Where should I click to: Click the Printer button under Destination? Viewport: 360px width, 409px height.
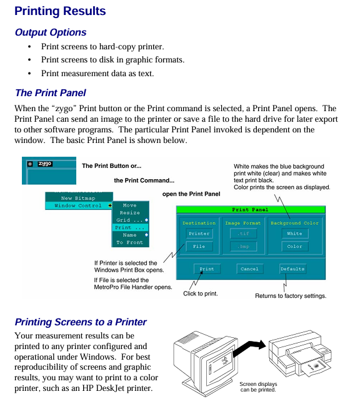(199, 234)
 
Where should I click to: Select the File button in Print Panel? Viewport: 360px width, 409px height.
(199, 246)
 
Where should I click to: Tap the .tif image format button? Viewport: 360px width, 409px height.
(243, 234)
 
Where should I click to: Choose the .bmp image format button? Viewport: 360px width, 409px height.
(243, 246)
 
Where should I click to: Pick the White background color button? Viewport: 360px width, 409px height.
(295, 234)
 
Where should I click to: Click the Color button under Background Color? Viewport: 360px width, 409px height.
(295, 246)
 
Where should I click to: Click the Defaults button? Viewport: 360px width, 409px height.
(292, 269)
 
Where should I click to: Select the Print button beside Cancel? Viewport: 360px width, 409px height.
(207, 269)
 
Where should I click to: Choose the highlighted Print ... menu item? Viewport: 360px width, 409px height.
(130, 227)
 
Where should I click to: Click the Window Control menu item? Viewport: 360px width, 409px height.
(79, 205)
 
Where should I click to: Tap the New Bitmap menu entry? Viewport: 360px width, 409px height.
(79, 198)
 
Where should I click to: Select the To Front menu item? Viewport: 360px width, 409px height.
(130, 242)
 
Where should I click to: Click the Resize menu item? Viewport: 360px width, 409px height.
(130, 212)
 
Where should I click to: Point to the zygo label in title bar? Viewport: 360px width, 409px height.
(45, 164)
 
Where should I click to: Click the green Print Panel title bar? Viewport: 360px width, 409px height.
(251, 209)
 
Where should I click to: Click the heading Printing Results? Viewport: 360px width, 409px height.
(60, 11)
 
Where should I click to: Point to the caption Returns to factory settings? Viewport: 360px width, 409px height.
(291, 296)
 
